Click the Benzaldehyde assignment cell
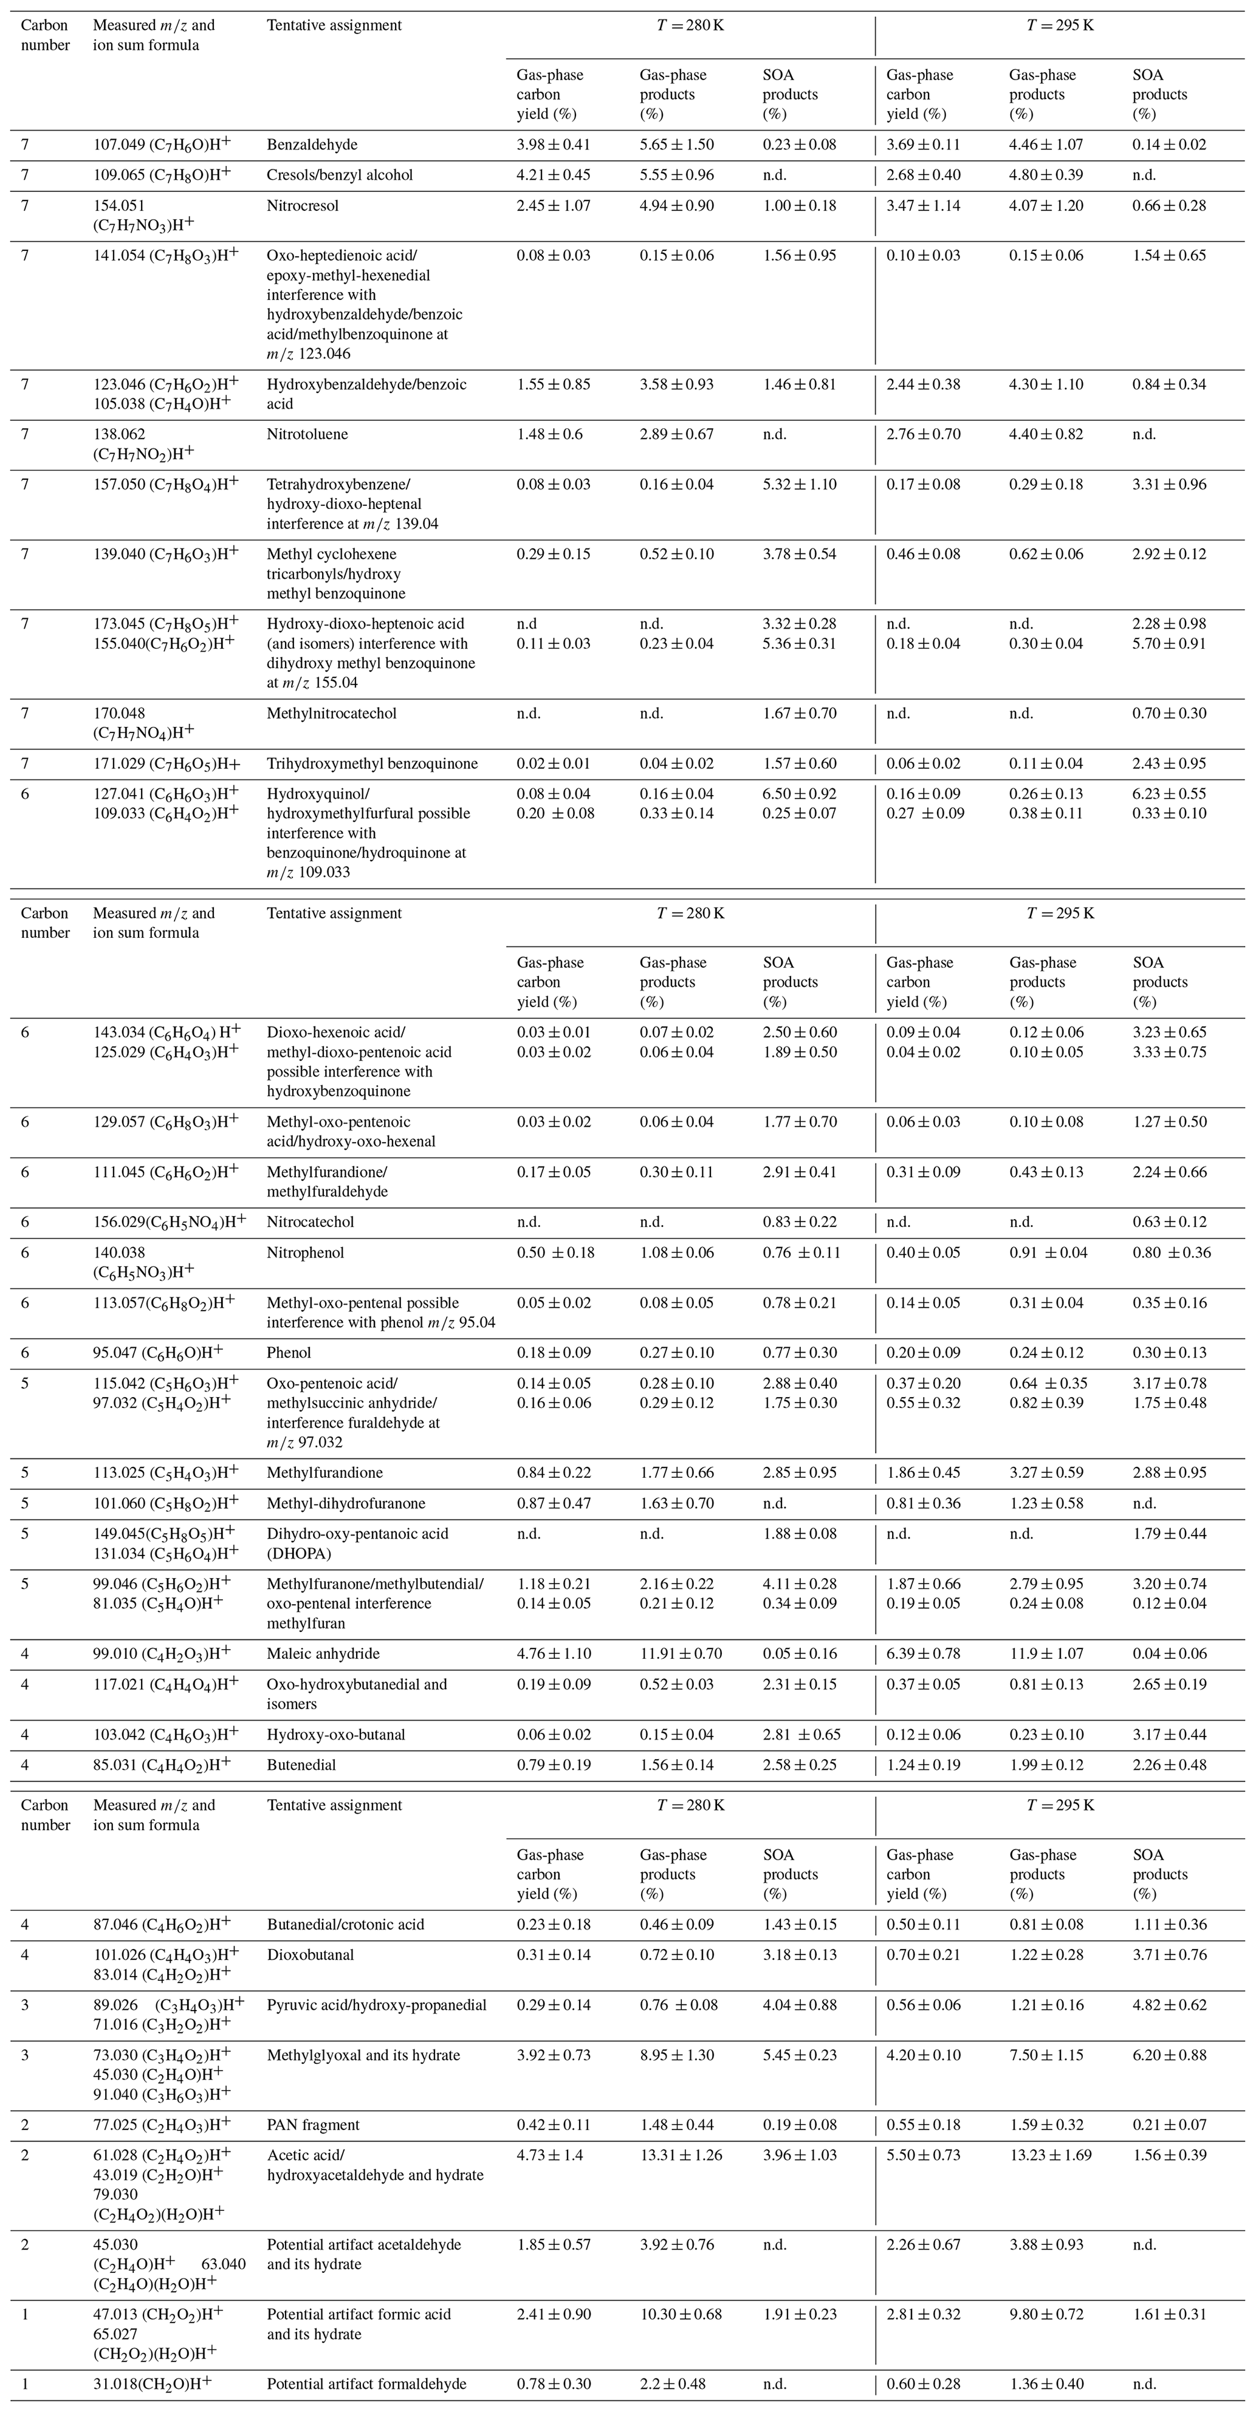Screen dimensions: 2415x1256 pyautogui.click(x=312, y=145)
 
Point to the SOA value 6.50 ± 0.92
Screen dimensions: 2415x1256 pyautogui.click(x=799, y=794)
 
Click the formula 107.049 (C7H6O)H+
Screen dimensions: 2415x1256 pyautogui.click(x=162, y=145)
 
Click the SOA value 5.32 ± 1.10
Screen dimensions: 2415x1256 pyautogui.click(x=799, y=485)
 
